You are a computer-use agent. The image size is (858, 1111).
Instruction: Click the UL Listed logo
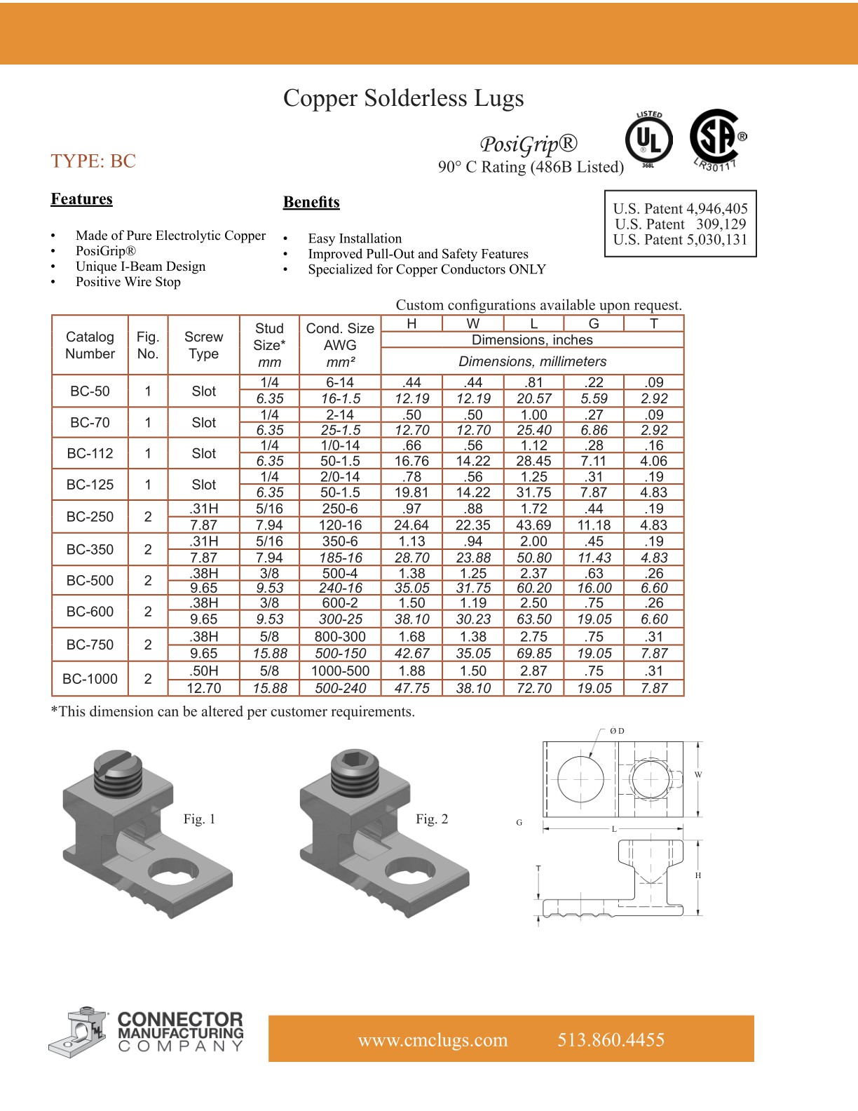click(x=648, y=141)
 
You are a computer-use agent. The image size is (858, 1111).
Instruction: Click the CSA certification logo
click(x=715, y=138)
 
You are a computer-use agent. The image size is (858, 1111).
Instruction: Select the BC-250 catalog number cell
click(x=90, y=517)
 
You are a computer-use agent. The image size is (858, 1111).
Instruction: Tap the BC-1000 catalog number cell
click(x=90, y=679)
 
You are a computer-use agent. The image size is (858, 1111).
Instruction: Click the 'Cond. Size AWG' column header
click(x=340, y=344)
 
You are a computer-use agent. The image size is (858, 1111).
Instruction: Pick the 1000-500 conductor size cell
click(x=340, y=671)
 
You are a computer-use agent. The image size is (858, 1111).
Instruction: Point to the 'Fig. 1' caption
click(x=199, y=819)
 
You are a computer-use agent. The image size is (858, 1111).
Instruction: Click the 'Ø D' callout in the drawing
click(x=617, y=731)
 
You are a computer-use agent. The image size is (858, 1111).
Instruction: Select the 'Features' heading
click(x=81, y=199)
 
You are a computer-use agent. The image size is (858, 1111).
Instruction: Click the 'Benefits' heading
click(x=311, y=202)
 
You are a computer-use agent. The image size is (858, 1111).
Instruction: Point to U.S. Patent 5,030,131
click(x=680, y=240)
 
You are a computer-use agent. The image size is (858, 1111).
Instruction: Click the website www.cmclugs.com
click(x=433, y=1039)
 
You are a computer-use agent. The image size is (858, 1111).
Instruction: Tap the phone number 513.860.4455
click(x=611, y=1039)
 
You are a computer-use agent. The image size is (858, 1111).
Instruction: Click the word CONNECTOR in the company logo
click(x=180, y=1019)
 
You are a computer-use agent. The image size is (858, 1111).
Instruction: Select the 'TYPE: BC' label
click(x=93, y=161)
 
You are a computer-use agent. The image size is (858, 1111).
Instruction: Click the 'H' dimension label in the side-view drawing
click(x=698, y=875)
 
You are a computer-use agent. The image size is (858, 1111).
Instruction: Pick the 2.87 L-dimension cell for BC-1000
click(x=533, y=671)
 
